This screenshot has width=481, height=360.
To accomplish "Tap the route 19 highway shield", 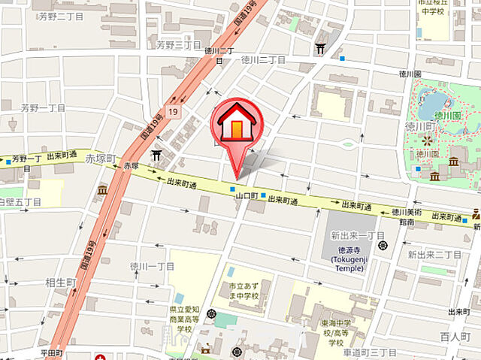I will click(x=174, y=112).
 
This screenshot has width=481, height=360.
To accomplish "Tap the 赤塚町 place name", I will click(x=101, y=159).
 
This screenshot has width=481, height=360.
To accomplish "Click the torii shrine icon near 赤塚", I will click(x=156, y=155).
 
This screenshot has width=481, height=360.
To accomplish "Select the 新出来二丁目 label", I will click(x=434, y=255).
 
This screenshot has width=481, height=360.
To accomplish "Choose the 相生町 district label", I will click(x=60, y=282).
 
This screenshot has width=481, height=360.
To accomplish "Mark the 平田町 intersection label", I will click(x=54, y=352).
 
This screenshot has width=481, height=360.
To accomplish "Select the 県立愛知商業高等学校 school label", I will click(x=185, y=319).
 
